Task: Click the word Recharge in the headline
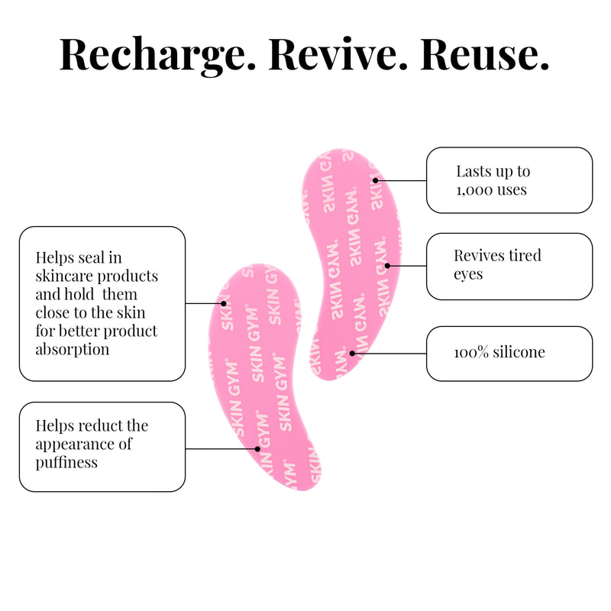point(157,54)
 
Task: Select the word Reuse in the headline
point(484,53)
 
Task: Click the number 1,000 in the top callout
point(470,190)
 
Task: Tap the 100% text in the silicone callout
point(471,352)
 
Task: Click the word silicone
point(519,352)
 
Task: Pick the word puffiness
point(66,464)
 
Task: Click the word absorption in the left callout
point(73,350)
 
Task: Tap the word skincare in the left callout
point(64,276)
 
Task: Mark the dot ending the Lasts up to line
point(375,180)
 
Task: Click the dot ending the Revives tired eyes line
point(387,266)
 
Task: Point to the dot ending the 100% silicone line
point(352,354)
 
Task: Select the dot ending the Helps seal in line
point(224,303)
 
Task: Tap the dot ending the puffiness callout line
point(257,449)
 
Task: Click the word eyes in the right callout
point(468,275)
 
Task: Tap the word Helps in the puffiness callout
point(55,425)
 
